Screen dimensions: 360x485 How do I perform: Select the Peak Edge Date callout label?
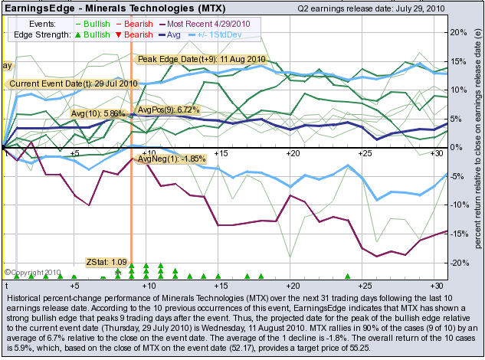[200, 59]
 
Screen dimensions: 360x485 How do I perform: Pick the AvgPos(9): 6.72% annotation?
[167, 110]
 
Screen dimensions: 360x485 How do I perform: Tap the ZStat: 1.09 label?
[106, 261]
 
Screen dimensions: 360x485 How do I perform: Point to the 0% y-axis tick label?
[457, 147]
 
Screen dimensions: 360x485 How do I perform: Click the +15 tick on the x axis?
[221, 153]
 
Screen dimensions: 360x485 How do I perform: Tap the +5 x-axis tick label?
[74, 153]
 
